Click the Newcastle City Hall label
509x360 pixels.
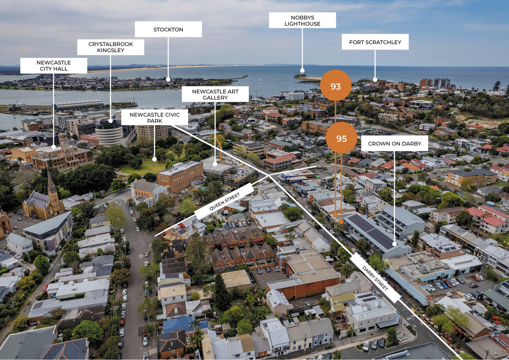click(53, 66)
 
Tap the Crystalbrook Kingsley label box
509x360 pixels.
click(110, 47)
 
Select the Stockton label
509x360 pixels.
click(168, 29)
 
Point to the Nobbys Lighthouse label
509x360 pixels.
click(302, 20)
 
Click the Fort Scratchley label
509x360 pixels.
click(375, 42)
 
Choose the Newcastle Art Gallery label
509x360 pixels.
click(215, 94)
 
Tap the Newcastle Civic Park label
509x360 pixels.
click(154, 117)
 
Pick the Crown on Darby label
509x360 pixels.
click(394, 143)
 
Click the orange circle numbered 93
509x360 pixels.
click(336, 86)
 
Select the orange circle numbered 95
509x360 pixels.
click(341, 138)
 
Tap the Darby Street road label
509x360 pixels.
click(375, 278)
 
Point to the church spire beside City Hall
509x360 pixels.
click(51, 182)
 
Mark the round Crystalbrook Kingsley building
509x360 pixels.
click(109, 132)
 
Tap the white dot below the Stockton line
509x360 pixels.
click(168, 79)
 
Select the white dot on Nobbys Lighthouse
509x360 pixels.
click(302, 70)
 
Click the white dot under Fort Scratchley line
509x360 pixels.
click(375, 79)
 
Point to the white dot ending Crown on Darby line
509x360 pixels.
click(394, 244)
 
